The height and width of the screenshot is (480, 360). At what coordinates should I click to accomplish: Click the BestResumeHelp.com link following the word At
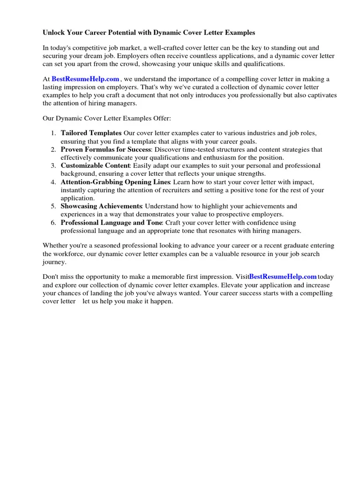(x=85, y=79)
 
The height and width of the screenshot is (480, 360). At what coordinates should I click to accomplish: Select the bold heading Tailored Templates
(x=91, y=133)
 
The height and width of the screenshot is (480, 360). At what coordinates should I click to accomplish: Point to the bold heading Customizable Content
(x=95, y=165)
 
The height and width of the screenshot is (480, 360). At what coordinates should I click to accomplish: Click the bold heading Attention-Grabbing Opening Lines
(x=116, y=182)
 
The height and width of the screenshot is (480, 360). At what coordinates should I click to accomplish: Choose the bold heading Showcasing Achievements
(x=101, y=206)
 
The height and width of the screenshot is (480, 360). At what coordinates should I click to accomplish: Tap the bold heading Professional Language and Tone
(x=111, y=223)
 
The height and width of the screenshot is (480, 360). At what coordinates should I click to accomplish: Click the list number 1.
(x=53, y=133)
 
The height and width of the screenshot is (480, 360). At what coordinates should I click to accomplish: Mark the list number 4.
(x=53, y=182)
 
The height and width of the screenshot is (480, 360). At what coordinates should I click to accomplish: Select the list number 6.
(x=53, y=223)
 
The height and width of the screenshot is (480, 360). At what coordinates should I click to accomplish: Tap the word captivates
(x=322, y=95)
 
